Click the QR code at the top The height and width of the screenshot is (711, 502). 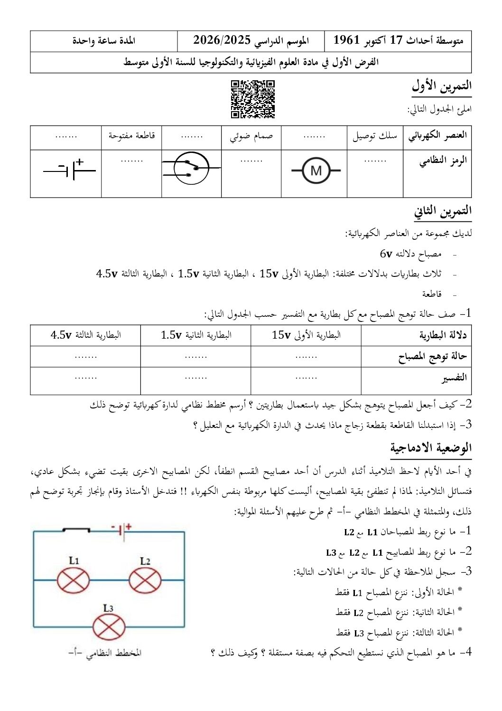(x=253, y=99)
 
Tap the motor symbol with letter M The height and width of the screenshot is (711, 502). (x=316, y=170)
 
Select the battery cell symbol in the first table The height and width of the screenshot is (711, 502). (x=70, y=169)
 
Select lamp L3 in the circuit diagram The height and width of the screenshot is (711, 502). (x=109, y=626)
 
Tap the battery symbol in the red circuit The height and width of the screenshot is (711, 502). (x=122, y=531)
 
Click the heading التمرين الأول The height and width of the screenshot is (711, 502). (x=441, y=86)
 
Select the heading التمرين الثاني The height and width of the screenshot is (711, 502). (x=443, y=211)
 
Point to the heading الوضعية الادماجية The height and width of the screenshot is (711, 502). (x=431, y=448)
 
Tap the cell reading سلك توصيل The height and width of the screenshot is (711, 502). (x=375, y=137)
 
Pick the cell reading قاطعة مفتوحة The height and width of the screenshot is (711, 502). (x=131, y=136)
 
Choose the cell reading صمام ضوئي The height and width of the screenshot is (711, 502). (x=251, y=137)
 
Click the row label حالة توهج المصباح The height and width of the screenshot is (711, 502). (x=432, y=356)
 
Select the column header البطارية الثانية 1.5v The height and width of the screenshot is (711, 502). (x=196, y=335)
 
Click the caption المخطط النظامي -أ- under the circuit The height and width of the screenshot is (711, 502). (x=105, y=653)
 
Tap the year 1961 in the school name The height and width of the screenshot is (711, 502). (x=347, y=40)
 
